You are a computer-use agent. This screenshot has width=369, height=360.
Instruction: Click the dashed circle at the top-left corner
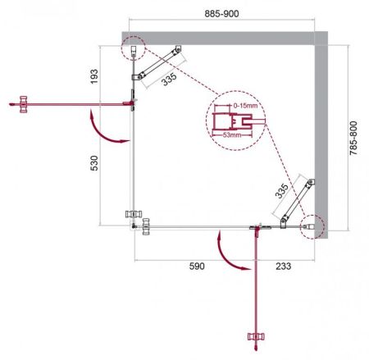click(133, 50)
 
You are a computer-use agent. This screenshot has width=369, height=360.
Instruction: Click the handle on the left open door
click(24, 103)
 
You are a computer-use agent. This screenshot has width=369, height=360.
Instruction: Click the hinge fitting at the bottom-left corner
click(138, 220)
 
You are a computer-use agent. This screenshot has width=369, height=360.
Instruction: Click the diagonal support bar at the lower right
click(295, 201)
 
